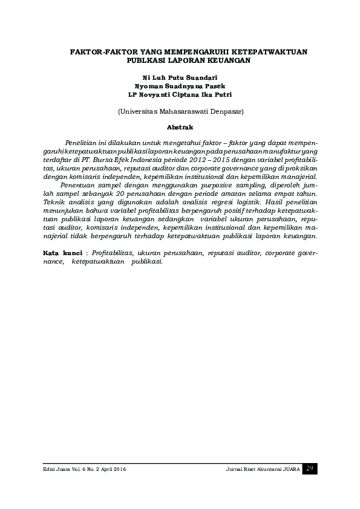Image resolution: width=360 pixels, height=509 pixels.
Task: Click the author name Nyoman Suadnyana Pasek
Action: (180, 86)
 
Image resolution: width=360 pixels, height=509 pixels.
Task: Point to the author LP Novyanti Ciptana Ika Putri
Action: (180, 94)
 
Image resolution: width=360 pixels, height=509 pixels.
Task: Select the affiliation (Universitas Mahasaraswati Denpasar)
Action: (180, 111)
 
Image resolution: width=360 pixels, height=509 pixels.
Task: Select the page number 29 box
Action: (309, 468)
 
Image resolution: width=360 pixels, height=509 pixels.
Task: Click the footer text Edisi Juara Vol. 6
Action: (59, 470)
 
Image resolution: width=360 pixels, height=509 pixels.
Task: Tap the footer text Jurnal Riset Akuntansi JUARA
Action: (261, 470)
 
